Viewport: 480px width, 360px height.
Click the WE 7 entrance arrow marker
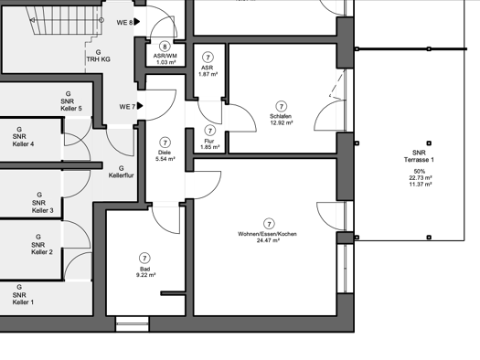[140, 106]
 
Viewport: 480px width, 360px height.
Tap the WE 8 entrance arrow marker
[137, 22]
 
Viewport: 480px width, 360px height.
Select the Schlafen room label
[281, 116]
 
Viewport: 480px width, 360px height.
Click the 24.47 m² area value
[268, 240]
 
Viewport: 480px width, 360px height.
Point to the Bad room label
[144, 270]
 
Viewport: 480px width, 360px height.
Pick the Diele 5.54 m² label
[165, 155]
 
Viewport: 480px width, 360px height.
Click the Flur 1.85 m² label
[209, 144]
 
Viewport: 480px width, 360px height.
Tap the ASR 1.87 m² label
[208, 70]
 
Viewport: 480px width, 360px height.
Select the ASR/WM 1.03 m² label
[165, 59]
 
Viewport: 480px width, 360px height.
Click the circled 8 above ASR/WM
[165, 47]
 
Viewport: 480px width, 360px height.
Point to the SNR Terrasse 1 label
[419, 156]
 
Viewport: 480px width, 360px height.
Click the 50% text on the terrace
[419, 171]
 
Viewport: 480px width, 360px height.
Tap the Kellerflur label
[122, 175]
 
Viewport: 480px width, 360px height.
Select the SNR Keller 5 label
[71, 104]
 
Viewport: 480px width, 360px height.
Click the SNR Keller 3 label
[43, 206]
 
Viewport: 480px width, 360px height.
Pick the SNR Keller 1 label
[23, 299]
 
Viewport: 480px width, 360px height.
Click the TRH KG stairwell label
[98, 59]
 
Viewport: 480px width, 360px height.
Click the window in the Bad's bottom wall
[133, 324]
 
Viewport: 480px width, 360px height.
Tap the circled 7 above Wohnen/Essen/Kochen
[269, 224]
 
